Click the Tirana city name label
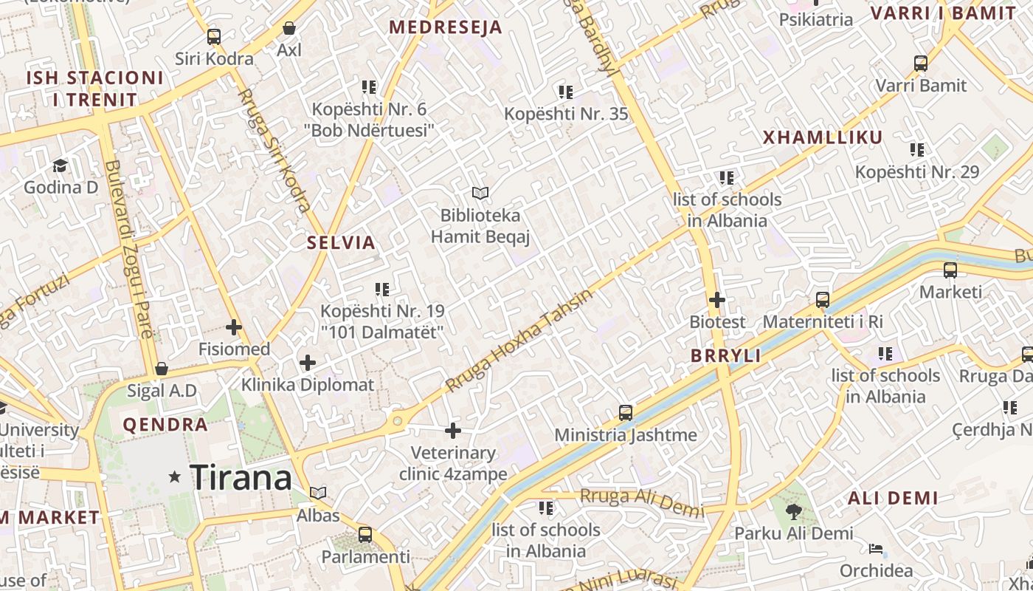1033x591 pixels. [x=241, y=478]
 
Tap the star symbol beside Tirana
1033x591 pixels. [x=175, y=477]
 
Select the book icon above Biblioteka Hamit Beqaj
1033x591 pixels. [x=480, y=194]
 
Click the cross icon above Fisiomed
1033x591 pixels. [x=234, y=327]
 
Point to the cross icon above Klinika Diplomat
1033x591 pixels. [x=308, y=363]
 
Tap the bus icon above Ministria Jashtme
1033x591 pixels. [x=626, y=412]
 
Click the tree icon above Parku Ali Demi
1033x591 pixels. [x=794, y=511]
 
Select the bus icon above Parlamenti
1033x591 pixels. [x=365, y=534]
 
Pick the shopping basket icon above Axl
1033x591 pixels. [x=289, y=28]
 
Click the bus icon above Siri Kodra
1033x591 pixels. [x=214, y=36]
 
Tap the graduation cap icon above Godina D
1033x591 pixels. [x=60, y=165]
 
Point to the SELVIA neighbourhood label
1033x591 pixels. [x=341, y=242]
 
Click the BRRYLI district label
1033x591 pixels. [x=725, y=355]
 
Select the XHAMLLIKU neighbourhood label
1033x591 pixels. [x=823, y=137]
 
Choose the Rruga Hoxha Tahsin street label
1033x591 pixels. [x=519, y=341]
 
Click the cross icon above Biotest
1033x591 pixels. [x=716, y=300]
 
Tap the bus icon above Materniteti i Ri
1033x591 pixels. [x=823, y=300]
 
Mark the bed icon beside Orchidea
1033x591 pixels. [x=876, y=549]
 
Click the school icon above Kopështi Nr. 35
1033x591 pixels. [x=566, y=92]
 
